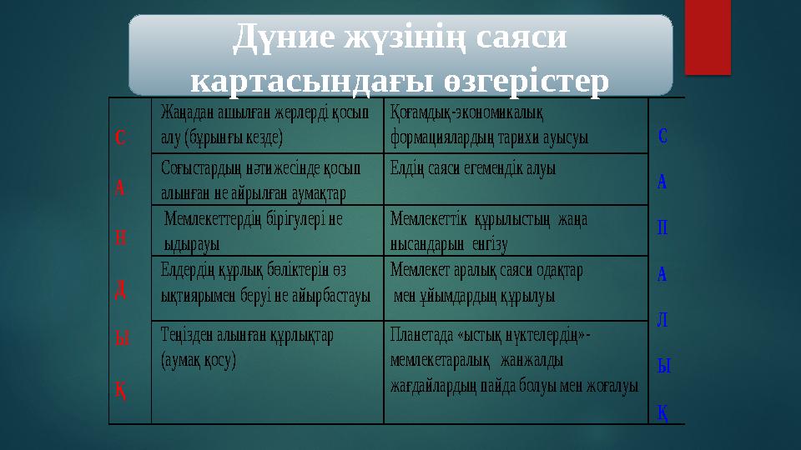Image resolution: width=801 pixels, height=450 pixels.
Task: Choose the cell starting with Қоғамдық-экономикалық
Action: pos(515,125)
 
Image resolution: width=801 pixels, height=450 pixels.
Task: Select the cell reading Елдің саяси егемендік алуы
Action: pos(515,179)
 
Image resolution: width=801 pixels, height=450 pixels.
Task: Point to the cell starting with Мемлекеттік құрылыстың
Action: pos(515,231)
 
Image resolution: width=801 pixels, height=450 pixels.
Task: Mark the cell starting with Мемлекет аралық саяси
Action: pos(515,287)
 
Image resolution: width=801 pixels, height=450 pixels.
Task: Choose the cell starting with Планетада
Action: pos(515,371)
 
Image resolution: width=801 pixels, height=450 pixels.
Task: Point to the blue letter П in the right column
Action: pos(662,229)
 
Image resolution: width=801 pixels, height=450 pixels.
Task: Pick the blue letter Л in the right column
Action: pos(662,322)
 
